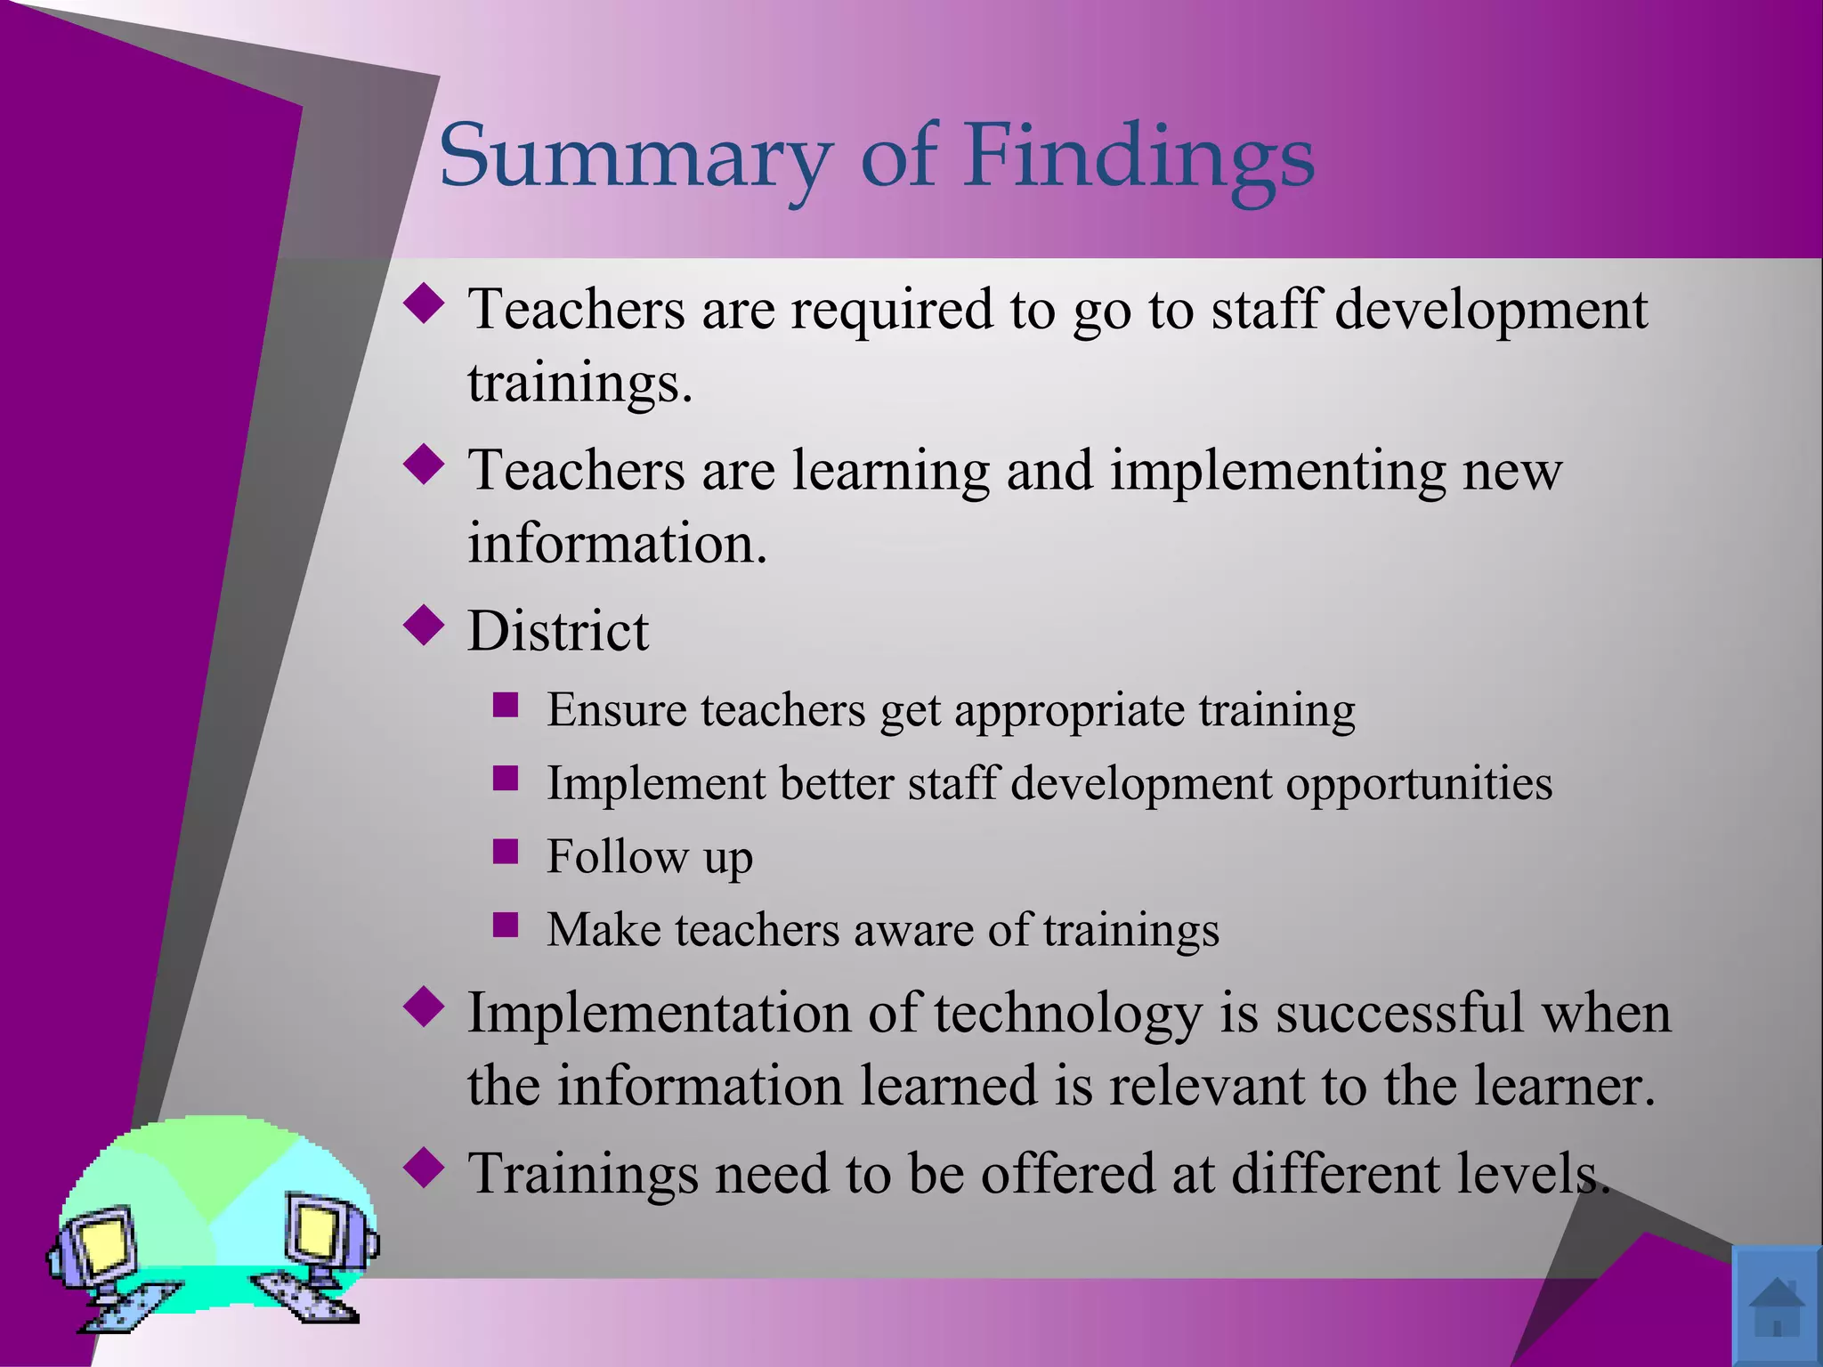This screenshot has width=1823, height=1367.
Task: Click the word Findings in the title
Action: coord(1139,157)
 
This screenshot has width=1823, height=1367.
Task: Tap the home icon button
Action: coord(1776,1305)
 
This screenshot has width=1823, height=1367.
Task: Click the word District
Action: coord(558,631)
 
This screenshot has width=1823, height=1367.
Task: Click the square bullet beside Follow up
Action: coord(506,852)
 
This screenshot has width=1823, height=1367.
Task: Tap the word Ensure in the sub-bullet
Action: coord(616,710)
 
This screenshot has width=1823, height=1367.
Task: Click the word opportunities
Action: coord(1419,784)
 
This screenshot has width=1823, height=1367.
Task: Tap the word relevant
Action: coord(1205,1086)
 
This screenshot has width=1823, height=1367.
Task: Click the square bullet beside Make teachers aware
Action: coord(506,926)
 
